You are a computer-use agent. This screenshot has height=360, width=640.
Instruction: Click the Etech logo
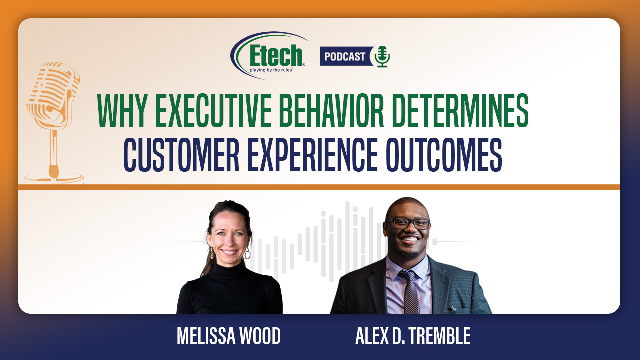click(268, 55)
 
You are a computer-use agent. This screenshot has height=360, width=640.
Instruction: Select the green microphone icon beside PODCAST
click(382, 56)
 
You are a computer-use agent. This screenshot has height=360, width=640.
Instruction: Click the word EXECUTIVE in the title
click(213, 110)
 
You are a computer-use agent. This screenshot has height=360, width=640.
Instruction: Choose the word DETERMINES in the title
click(460, 110)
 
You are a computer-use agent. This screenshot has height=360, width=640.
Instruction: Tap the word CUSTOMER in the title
click(181, 155)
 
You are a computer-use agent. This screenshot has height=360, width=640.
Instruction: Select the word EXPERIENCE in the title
click(313, 155)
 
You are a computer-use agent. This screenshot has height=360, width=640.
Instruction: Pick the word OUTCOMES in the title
click(444, 155)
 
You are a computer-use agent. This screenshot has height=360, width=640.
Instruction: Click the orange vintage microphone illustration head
click(53, 94)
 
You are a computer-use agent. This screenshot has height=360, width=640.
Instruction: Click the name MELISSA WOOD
click(229, 336)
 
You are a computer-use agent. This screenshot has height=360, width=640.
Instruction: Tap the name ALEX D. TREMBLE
click(413, 336)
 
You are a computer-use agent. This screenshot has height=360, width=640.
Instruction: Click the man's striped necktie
click(410, 291)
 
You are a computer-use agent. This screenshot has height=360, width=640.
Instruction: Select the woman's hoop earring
click(247, 253)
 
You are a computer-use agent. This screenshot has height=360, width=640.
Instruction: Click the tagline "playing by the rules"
click(271, 70)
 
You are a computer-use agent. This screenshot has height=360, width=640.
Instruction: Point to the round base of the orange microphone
click(54, 178)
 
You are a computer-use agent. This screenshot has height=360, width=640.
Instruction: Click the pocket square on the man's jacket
click(453, 308)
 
